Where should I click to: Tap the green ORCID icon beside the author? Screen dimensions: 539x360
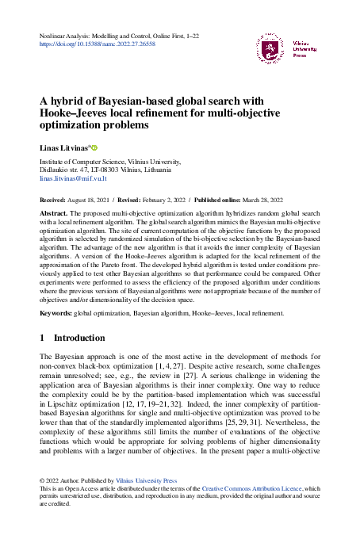click(94, 147)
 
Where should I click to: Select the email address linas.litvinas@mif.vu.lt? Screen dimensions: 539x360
click(73, 178)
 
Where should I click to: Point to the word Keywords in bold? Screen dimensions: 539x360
click(57, 313)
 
